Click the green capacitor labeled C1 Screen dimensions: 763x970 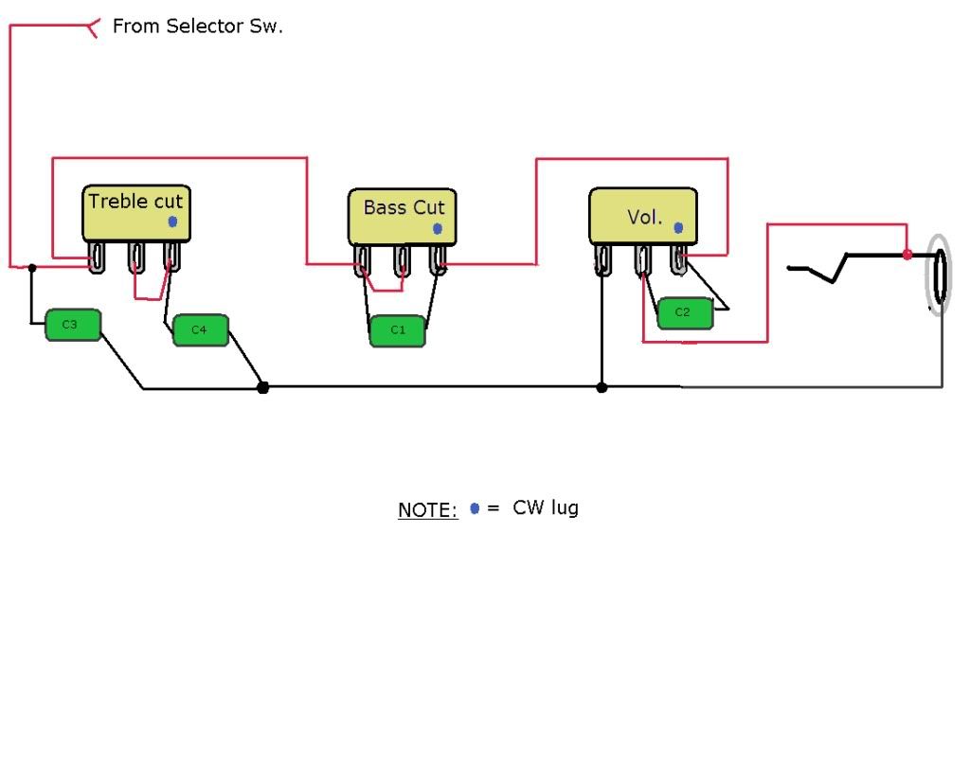pos(398,330)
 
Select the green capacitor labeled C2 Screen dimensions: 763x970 pos(684,313)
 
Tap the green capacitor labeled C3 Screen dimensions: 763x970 pos(72,325)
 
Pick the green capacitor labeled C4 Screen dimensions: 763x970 pos(200,329)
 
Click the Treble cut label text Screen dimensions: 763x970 pos(135,201)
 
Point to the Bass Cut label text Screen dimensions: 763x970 pos(403,207)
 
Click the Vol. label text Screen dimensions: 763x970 pos(644,217)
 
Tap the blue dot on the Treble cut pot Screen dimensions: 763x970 pos(171,222)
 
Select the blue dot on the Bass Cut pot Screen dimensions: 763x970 pos(437,229)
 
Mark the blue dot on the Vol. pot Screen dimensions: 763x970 pos(678,228)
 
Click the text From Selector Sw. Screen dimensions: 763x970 pos(197,27)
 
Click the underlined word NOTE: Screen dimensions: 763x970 pos(427,510)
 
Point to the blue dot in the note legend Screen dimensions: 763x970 pos(475,508)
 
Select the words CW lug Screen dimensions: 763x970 pos(546,507)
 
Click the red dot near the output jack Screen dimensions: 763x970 pos(907,255)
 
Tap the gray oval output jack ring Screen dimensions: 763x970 pos(938,275)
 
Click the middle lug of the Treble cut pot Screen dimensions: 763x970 pos(135,258)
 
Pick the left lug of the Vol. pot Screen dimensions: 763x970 pos(602,259)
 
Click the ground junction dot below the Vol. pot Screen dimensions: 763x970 pos(602,386)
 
